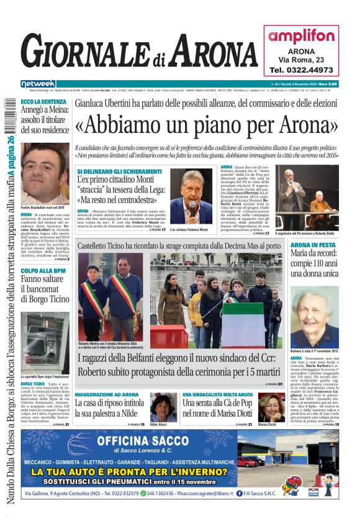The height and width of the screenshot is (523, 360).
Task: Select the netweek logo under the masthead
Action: (x=38, y=84)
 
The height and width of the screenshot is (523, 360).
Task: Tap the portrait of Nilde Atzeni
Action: (x=163, y=407)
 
